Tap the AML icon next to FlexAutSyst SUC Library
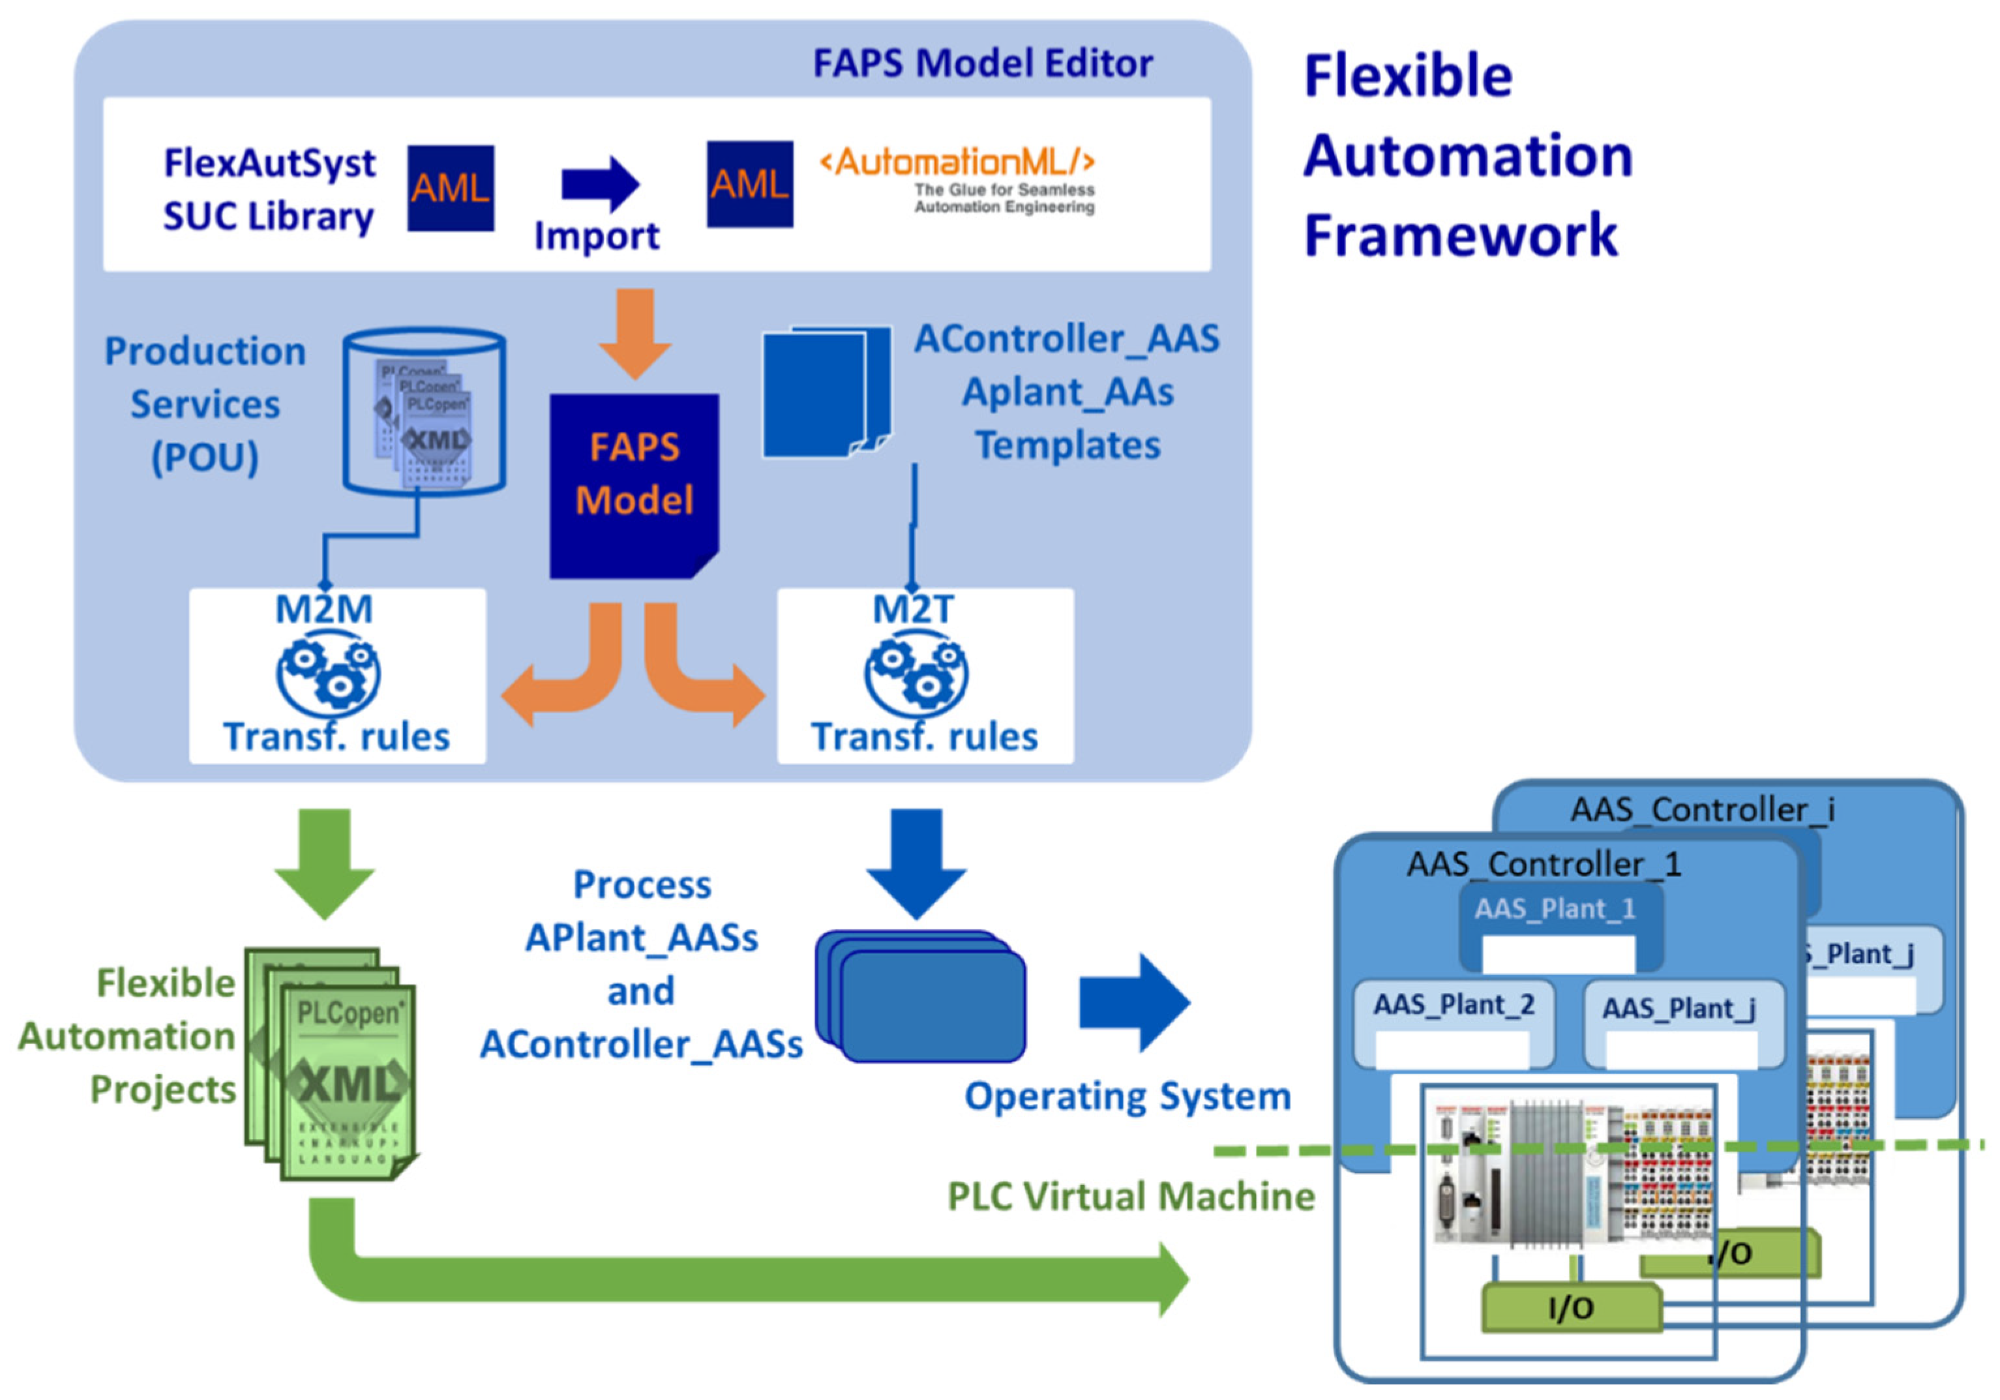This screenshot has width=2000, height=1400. (451, 188)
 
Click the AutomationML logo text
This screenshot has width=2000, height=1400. (957, 163)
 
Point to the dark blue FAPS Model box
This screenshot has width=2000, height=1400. (633, 484)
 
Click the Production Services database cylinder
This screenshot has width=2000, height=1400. (425, 411)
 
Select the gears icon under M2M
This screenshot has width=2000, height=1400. (327, 675)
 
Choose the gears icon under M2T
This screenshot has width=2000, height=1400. (916, 675)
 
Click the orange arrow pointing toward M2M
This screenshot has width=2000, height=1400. (558, 679)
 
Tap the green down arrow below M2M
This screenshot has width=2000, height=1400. (325, 863)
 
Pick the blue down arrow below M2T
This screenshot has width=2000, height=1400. (916, 863)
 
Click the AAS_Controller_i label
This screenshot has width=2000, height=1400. (1701, 809)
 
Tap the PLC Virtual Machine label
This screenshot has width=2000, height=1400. (1131, 1196)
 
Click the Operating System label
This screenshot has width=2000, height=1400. (1127, 1096)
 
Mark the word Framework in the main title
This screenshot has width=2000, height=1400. (1460, 235)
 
